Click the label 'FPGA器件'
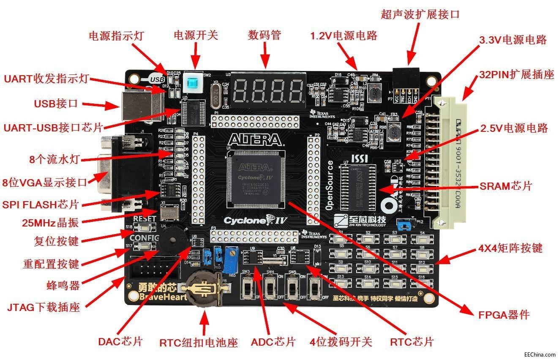pos(504,315)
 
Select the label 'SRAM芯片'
pos(505,186)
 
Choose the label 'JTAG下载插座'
pos(44,307)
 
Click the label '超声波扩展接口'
pos(420,14)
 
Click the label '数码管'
pos(265,35)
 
